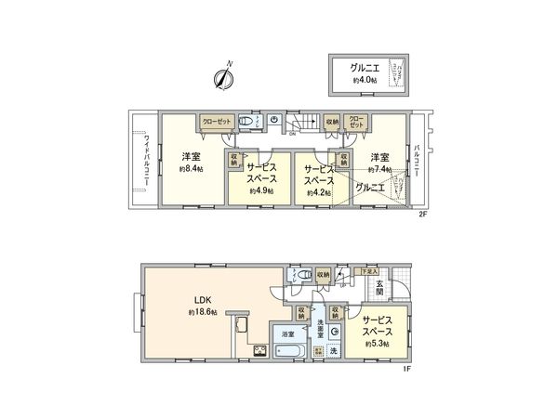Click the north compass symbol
(x=223, y=80)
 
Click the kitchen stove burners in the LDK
(x=258, y=351)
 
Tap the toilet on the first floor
(x=297, y=275)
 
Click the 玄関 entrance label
(x=379, y=289)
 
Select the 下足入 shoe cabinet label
(x=370, y=271)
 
